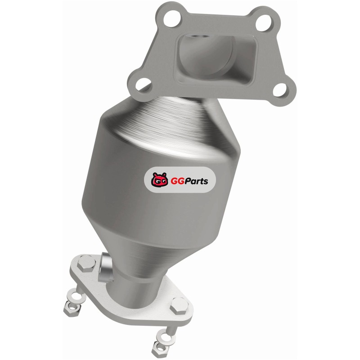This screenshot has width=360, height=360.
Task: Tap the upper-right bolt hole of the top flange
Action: click(x=264, y=23)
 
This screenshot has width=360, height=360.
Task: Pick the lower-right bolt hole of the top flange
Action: click(x=280, y=90)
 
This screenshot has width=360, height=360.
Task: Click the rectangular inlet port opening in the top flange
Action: click(x=216, y=58)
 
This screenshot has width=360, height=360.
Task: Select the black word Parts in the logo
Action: click(x=197, y=181)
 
